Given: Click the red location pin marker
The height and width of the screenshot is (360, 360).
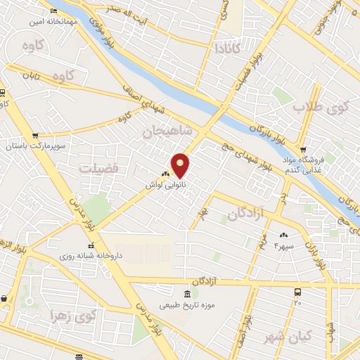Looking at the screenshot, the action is (x=181, y=165).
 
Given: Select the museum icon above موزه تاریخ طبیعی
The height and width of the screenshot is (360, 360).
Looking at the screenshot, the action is (x=187, y=294).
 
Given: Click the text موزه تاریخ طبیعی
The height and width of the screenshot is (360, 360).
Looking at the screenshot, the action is (x=187, y=306).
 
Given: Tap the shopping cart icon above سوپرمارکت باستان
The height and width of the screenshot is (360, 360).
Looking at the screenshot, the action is (x=35, y=135).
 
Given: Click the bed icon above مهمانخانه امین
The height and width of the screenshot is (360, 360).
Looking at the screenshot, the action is (x=55, y=11).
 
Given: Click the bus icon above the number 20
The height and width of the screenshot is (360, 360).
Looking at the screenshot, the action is (x=297, y=291).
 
